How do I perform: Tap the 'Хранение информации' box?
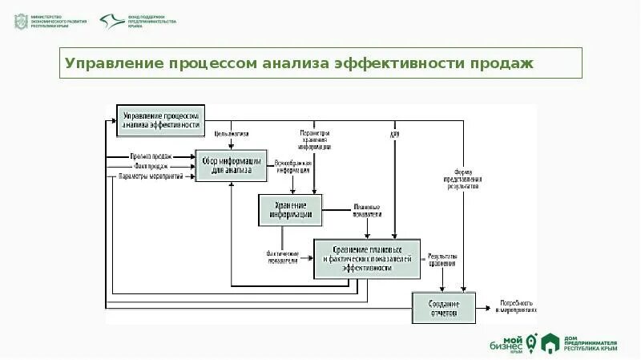tap(290, 209)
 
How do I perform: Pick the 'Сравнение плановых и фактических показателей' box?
tap(367, 258)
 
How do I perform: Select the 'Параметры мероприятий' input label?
tap(151, 176)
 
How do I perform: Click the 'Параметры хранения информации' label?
tap(315, 140)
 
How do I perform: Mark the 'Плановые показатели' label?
tap(366, 210)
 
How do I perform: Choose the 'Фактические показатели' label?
tap(282, 255)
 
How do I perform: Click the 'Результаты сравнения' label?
tap(442, 259)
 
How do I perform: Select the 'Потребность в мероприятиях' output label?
tap(518, 306)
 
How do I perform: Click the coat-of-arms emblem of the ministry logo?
tap(19, 22)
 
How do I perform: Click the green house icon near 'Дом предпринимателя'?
tap(550, 342)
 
